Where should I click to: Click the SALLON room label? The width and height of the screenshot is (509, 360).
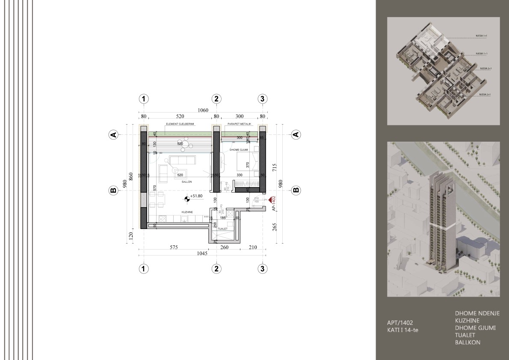[x=186, y=182]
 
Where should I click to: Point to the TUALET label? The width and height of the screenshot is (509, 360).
[x=222, y=229]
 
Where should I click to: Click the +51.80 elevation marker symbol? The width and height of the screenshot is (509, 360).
[x=186, y=198]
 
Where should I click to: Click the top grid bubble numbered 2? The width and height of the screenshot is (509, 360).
[x=216, y=99]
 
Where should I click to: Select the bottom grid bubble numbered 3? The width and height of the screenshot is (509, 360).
[x=263, y=269]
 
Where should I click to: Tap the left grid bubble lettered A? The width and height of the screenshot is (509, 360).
[x=113, y=135]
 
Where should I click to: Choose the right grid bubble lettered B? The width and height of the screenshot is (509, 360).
[x=295, y=190]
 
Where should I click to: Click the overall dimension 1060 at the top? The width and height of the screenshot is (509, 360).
[x=203, y=110]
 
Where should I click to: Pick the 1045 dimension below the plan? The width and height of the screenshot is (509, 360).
[x=201, y=253]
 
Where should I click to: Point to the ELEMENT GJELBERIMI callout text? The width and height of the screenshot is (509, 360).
[x=180, y=125]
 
